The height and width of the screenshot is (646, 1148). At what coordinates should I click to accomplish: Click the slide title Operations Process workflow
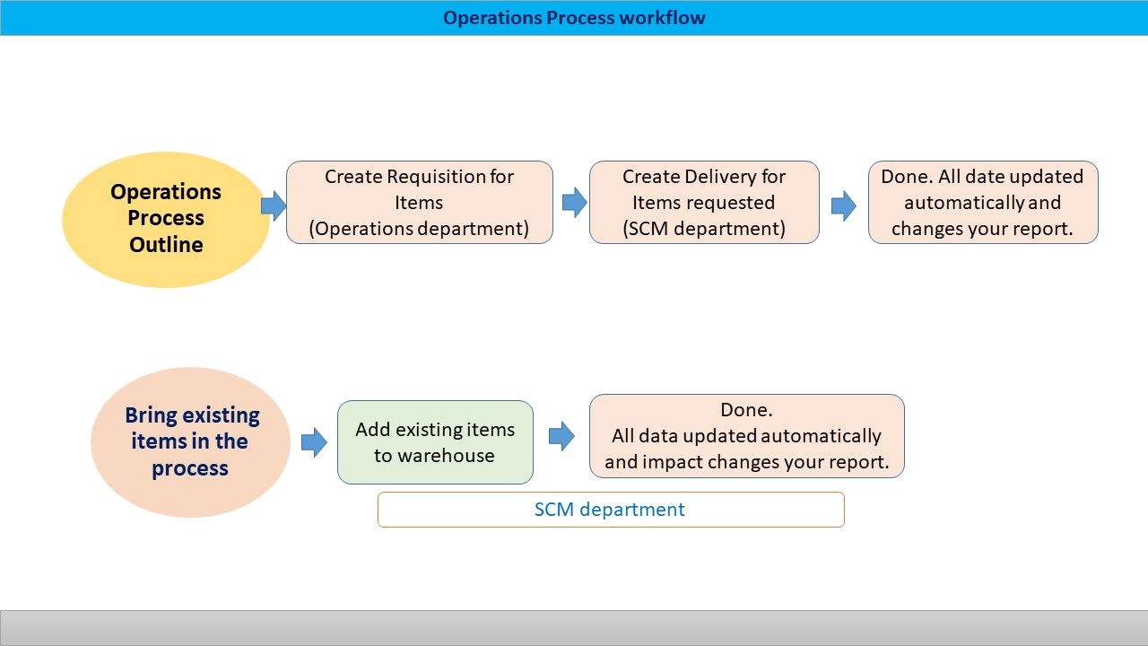click(x=574, y=18)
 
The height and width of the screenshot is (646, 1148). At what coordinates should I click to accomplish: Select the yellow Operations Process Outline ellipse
click(x=166, y=219)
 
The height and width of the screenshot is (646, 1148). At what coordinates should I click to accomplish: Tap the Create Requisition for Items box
click(x=420, y=202)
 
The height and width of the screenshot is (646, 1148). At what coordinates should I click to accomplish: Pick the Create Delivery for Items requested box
click(x=704, y=202)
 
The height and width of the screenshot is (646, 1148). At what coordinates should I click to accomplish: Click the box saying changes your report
click(x=983, y=202)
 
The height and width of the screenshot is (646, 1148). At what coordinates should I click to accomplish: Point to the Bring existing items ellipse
click(x=191, y=441)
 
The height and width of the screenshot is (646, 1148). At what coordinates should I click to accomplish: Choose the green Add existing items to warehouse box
click(x=435, y=441)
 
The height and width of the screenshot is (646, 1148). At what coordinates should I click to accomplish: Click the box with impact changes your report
click(x=746, y=436)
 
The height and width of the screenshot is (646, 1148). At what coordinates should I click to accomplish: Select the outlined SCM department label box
click(x=610, y=510)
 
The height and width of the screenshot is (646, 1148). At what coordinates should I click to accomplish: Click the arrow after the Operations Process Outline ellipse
click(x=274, y=205)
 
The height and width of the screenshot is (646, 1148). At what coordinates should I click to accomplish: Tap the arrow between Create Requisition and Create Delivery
click(x=574, y=203)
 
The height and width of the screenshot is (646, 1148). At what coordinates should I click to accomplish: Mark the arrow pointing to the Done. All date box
click(x=843, y=205)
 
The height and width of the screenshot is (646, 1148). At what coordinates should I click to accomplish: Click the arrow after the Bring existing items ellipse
click(x=314, y=441)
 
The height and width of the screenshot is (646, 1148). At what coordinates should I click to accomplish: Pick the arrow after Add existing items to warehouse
click(x=561, y=436)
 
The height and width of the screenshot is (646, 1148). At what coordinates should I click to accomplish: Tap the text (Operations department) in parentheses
click(x=420, y=229)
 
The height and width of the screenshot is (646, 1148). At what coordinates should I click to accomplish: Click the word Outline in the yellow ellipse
click(x=166, y=245)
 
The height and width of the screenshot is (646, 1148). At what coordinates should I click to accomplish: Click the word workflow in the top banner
click(x=667, y=18)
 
